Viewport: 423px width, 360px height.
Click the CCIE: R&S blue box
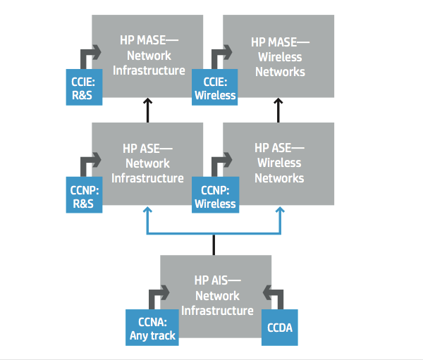click(84, 87)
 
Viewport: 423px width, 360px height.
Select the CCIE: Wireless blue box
click(215, 87)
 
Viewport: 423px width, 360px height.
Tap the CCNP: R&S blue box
click(84, 194)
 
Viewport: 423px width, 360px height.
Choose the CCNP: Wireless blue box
click(215, 194)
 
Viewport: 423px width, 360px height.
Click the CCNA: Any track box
click(152, 328)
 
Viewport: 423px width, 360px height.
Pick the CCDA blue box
click(280, 328)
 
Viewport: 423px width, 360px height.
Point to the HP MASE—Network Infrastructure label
click(149, 56)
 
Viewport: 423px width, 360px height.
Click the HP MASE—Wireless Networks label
click(280, 57)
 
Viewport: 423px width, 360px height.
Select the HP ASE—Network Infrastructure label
click(147, 163)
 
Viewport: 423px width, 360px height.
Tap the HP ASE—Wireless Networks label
click(279, 163)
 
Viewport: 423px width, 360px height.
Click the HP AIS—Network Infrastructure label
click(217, 296)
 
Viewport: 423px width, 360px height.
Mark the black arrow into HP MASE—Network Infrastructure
click(147, 111)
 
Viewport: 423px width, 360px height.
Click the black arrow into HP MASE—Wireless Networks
click(278, 111)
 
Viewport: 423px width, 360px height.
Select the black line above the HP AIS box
click(214, 245)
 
